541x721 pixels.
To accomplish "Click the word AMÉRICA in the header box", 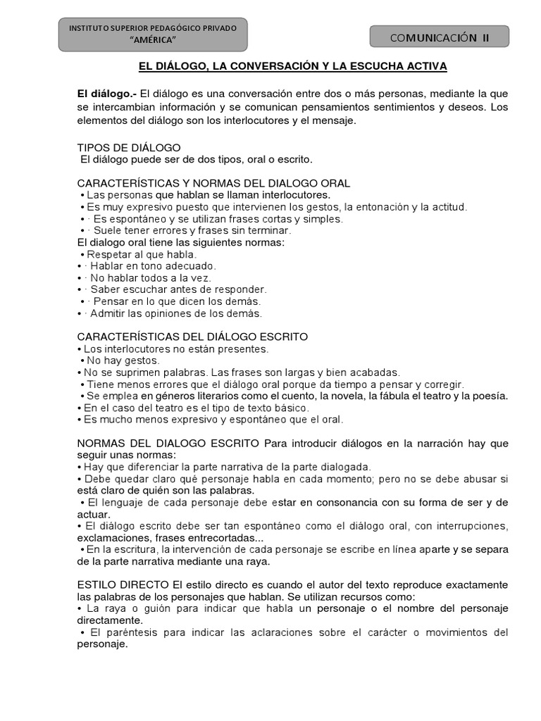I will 153,39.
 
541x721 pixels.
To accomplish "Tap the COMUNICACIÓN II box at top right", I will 439,37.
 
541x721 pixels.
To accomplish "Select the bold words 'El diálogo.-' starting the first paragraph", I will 107,94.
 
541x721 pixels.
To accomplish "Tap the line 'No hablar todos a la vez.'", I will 150,277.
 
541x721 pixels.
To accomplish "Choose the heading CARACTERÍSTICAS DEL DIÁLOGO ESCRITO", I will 192,337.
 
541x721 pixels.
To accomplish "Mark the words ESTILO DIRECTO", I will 123,585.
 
